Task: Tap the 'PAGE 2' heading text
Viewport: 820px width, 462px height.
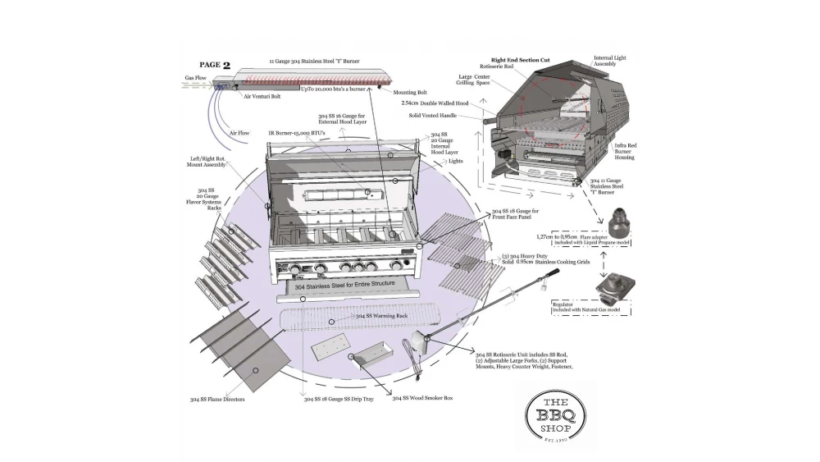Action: tap(215, 65)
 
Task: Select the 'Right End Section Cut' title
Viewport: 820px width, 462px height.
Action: tap(520, 60)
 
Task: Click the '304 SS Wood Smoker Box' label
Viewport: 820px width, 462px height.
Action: tap(422, 398)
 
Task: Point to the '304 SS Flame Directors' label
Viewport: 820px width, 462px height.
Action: tap(217, 400)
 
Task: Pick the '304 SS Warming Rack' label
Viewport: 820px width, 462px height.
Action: tap(381, 316)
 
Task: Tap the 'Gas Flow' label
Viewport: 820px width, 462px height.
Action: tap(195, 79)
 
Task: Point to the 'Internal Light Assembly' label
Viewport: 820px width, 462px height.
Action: tap(609, 62)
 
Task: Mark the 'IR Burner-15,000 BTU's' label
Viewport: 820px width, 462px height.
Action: tap(297, 132)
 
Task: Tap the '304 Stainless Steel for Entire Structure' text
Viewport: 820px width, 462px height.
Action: tap(345, 286)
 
